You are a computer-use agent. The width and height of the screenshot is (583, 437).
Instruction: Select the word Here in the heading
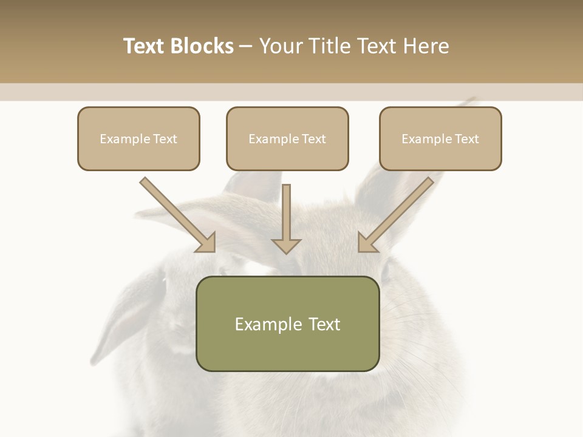click(427, 46)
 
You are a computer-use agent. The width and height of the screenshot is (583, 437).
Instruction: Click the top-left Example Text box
click(138, 138)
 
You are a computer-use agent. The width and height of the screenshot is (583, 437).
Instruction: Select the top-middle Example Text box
click(287, 138)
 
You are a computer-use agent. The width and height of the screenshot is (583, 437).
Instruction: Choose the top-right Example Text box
click(440, 138)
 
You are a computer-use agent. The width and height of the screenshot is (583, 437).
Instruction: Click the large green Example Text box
click(287, 324)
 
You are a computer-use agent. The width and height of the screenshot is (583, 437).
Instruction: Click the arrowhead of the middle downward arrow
click(286, 245)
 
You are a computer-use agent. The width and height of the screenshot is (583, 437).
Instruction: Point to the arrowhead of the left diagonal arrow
click(206, 243)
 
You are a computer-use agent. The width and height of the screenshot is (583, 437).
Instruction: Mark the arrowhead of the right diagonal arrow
click(367, 243)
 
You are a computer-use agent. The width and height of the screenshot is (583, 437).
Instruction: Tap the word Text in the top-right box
click(466, 139)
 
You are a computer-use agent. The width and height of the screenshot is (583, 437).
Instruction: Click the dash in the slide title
click(246, 46)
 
